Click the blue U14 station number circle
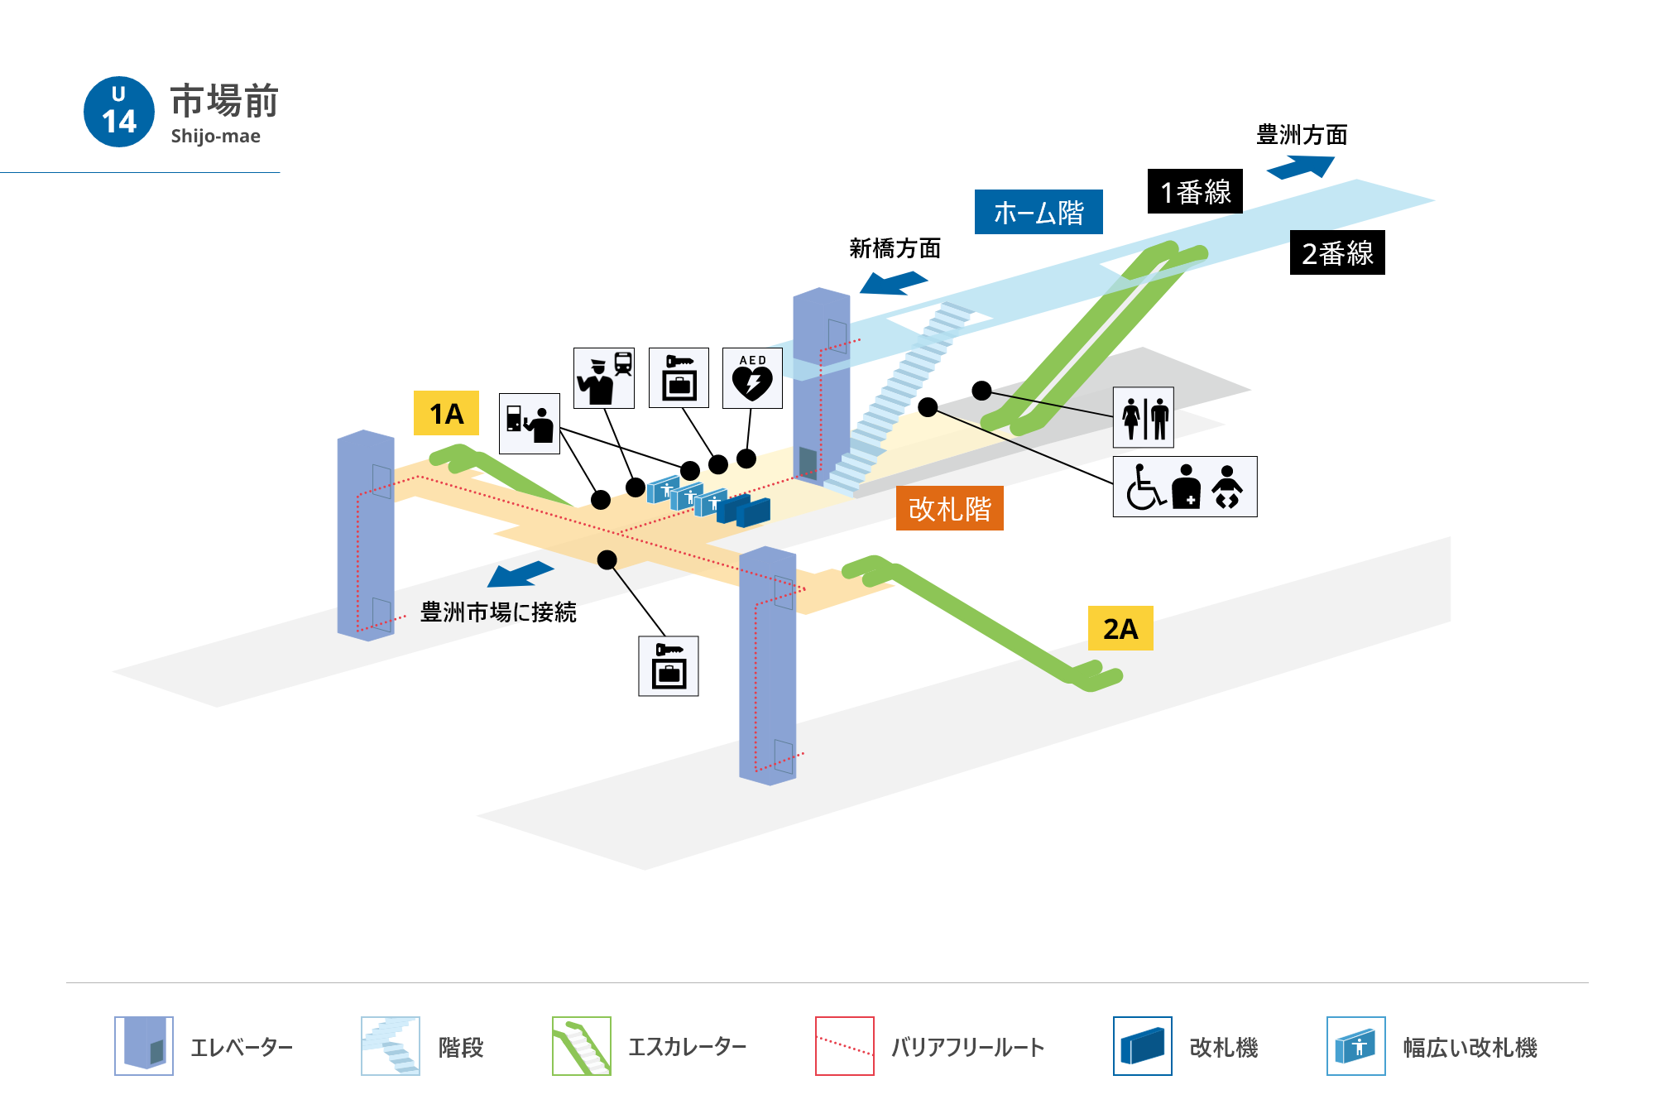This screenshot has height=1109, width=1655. pyautogui.click(x=119, y=112)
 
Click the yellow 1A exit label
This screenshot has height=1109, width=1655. pyautogui.click(x=446, y=413)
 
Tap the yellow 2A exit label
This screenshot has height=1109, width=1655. pyautogui.click(x=1120, y=628)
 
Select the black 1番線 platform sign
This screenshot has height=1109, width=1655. pyautogui.click(x=1195, y=191)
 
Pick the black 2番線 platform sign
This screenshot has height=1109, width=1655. pyautogui.click(x=1337, y=252)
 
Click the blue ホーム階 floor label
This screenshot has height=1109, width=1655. pyautogui.click(x=1039, y=212)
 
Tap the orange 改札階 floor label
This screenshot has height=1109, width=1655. pyautogui.click(x=950, y=508)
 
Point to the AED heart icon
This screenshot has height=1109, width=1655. pyautogui.click(x=752, y=378)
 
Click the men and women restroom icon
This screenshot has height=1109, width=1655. pyautogui.click(x=1144, y=417)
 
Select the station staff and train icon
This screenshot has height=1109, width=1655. pyautogui.click(x=604, y=378)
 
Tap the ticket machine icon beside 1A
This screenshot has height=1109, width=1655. pyautogui.click(x=530, y=424)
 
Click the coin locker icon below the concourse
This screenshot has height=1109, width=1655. pyautogui.click(x=669, y=666)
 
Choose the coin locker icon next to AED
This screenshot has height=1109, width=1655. pyautogui.click(x=679, y=378)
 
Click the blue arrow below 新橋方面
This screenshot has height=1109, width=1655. pyautogui.click(x=893, y=283)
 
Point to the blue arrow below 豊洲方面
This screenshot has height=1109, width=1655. pyautogui.click(x=1300, y=168)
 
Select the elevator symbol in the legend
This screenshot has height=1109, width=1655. pyautogui.click(x=144, y=1046)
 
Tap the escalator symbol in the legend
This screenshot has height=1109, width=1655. pyautogui.click(x=582, y=1046)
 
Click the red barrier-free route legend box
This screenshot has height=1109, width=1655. pyautogui.click(x=845, y=1046)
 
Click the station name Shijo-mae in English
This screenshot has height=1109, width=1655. pyautogui.click(x=215, y=136)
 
